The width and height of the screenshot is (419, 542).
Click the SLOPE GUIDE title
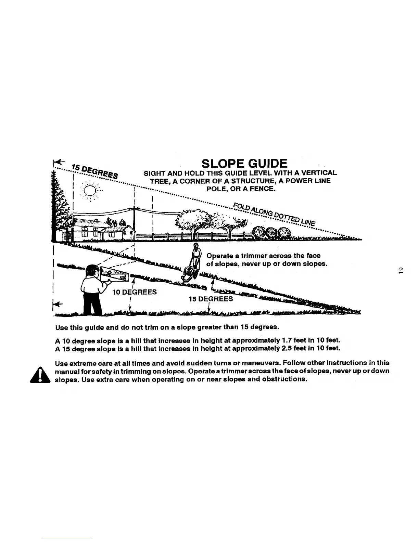click(244, 163)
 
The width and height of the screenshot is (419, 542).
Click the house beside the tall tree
click(99, 228)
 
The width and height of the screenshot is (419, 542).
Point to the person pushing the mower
click(196, 255)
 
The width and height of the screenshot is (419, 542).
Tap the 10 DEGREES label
click(135, 292)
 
